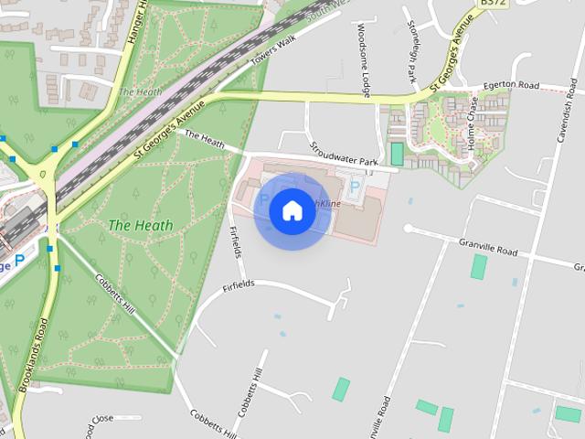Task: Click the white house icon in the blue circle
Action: coord(292,210)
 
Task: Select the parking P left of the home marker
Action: coord(265,198)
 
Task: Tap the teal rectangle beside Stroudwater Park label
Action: coord(397,154)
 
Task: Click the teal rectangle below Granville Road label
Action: coord(479,267)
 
